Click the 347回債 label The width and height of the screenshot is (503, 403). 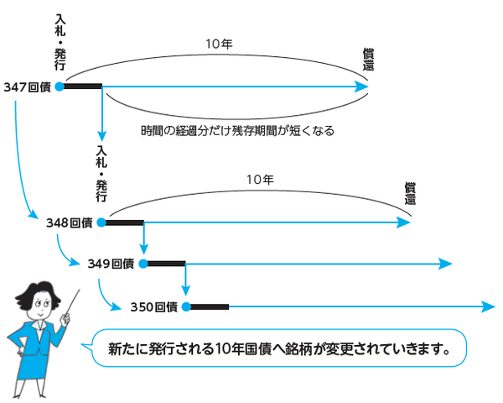point(27,86)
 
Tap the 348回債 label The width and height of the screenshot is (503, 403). point(70,223)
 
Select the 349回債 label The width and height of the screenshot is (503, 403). point(111,264)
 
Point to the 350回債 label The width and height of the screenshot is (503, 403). point(154,306)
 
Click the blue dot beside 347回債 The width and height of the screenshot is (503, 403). point(59,86)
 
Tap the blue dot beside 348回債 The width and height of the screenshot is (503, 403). point(101,223)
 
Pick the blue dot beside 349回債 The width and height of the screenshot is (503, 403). point(143,264)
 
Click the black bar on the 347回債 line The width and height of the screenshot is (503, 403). point(82,86)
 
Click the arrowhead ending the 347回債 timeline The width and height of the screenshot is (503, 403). point(362,86)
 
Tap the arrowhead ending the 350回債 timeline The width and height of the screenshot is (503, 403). point(488,306)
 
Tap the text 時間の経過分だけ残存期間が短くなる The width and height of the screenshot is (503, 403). point(238,132)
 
